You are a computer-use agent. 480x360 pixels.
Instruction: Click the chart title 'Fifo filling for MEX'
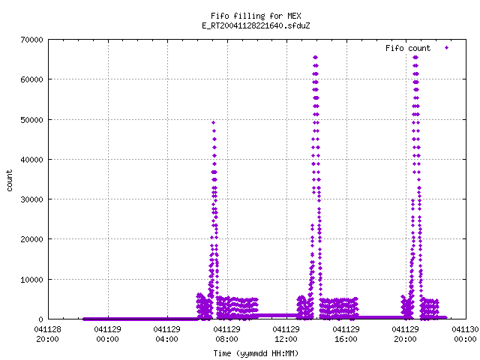coord(256,16)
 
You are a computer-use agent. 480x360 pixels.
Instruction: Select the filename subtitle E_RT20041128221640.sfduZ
coord(256,25)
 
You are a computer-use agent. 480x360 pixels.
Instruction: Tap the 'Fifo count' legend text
coord(408,48)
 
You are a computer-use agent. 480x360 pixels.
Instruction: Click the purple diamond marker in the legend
coord(447,47)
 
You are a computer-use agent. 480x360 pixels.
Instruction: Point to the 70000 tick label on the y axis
coord(31,40)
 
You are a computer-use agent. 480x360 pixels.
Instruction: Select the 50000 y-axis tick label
coord(31,120)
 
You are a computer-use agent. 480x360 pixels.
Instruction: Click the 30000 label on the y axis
coord(31,199)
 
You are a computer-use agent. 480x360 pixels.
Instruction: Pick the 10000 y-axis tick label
coord(31,280)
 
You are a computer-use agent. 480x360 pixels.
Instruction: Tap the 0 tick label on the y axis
coord(40,319)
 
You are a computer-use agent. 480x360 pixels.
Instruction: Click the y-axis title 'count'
coord(9,181)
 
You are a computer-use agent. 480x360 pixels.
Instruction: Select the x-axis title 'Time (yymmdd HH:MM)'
coord(256,353)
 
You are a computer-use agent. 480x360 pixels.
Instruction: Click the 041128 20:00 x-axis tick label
coord(47,334)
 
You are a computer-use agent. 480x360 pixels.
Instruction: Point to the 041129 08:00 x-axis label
coord(226,334)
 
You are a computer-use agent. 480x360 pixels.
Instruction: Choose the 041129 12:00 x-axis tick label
coord(286,334)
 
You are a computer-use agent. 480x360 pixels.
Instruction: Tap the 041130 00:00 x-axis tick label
coord(465,334)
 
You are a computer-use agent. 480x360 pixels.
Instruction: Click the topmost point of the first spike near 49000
coord(213,123)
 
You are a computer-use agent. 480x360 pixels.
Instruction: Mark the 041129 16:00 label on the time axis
coord(346,334)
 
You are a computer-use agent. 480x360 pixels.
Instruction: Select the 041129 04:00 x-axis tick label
coord(166,334)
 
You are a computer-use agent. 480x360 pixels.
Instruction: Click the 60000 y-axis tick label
coord(31,79)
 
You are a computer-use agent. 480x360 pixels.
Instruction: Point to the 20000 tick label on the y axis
coord(31,239)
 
